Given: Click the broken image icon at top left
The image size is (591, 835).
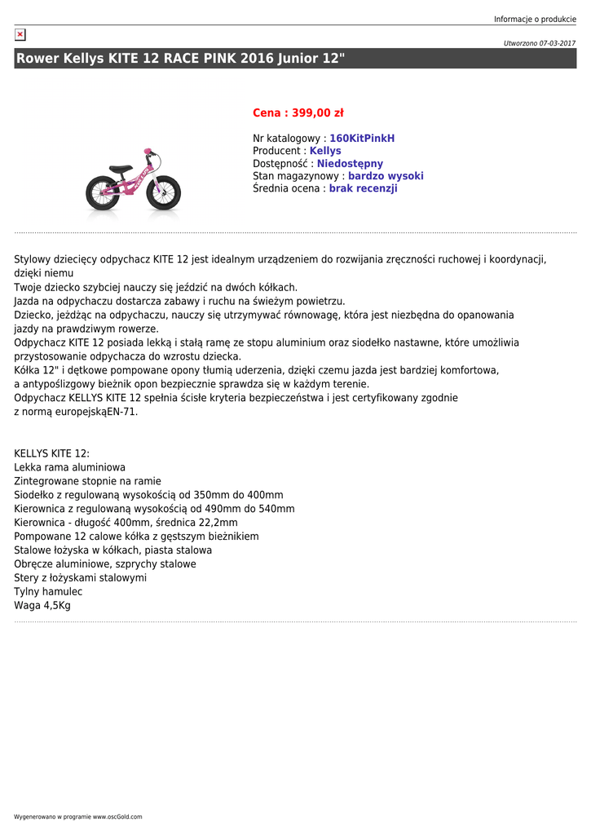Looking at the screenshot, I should (20, 35).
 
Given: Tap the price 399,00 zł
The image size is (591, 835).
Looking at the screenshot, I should (314, 113).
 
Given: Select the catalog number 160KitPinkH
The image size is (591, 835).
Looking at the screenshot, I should (362, 139).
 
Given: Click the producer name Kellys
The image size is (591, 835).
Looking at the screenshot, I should (325, 151).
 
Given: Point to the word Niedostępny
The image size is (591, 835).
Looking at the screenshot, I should (350, 164).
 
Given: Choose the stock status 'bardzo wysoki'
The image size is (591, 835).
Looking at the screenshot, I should (386, 176).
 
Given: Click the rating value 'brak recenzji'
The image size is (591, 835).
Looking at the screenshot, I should (363, 188).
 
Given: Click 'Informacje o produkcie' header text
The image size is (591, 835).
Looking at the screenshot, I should (535, 20).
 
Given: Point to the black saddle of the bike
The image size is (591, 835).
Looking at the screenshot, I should (120, 169).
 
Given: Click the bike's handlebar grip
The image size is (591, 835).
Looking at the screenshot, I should (148, 151).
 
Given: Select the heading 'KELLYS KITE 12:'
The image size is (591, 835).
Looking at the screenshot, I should (51, 453).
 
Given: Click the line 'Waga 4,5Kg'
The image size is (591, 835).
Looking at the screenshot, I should (42, 606).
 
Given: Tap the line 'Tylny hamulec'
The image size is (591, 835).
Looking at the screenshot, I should (48, 592).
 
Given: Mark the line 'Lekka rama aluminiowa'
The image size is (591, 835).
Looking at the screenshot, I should (70, 467).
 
